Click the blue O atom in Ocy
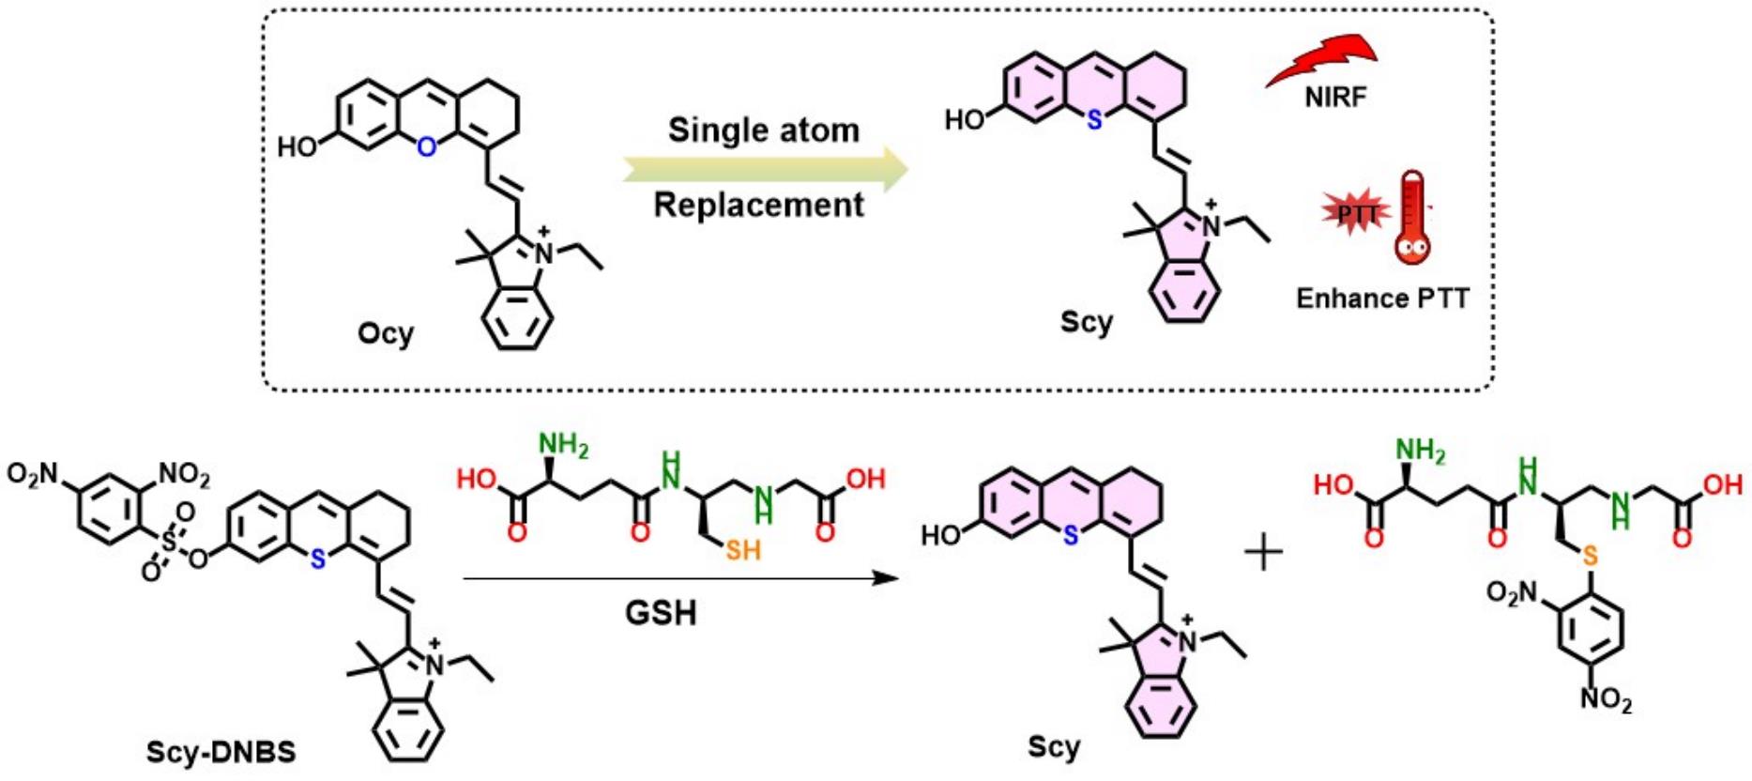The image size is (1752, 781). [427, 147]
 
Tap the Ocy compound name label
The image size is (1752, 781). [385, 333]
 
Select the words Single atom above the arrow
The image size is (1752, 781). [763, 130]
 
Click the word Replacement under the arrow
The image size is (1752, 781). [758, 205]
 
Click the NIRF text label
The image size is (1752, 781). [1334, 97]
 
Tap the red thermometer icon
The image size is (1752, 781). [1411, 218]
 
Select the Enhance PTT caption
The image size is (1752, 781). [1381, 299]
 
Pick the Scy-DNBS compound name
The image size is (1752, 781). [221, 751]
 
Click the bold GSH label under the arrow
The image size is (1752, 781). [662, 614]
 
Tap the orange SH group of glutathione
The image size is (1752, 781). [741, 550]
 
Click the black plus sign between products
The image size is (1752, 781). [1263, 553]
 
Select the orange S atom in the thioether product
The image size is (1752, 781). [1589, 557]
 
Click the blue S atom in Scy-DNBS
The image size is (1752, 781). [317, 559]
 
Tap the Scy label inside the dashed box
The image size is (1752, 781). [1086, 322]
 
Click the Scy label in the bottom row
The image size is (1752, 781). [1053, 747]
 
